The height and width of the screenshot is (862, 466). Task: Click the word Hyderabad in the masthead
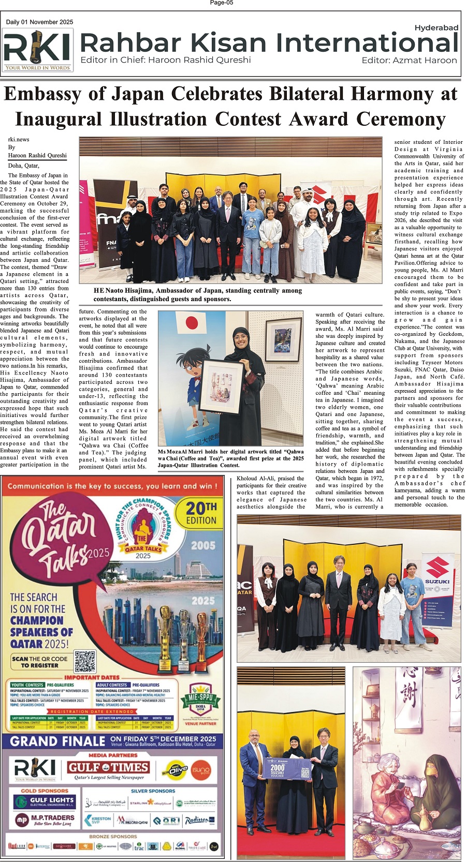pos(436,28)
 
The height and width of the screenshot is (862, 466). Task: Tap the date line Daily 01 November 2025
pos(40,22)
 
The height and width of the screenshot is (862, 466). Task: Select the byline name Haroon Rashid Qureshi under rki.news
pos(37,155)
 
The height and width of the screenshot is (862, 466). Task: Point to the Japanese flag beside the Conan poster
pos(187,323)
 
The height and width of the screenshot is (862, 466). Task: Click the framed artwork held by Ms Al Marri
pos(222,385)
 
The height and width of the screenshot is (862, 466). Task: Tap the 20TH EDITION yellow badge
pos(201,513)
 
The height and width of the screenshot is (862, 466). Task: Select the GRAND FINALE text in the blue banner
pos(57,741)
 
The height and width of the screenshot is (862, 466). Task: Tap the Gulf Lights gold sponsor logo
pos(45,802)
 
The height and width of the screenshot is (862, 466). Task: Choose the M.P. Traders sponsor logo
pos(45,819)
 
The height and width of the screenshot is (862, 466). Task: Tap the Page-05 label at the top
pos(222,3)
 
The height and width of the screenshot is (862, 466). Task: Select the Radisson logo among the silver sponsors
pos(197,819)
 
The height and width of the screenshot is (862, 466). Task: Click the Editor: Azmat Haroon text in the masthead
pos(409,61)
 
